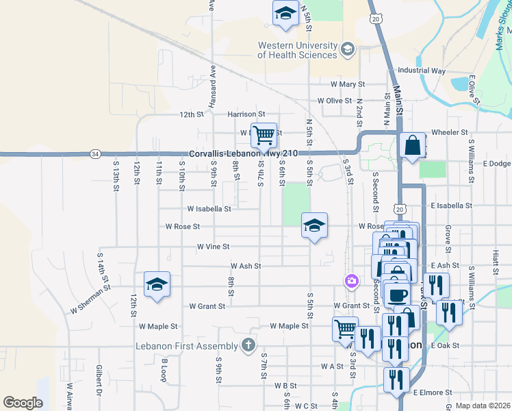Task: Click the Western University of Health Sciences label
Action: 298,50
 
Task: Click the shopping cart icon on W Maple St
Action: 345,328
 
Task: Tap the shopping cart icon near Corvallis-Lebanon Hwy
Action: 264,135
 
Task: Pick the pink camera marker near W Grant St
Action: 351,281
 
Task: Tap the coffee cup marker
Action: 397,295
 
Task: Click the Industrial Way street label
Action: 422,71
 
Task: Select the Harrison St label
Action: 241,114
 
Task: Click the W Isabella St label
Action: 209,208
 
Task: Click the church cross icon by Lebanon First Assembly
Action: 248,346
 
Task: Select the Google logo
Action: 23,403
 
